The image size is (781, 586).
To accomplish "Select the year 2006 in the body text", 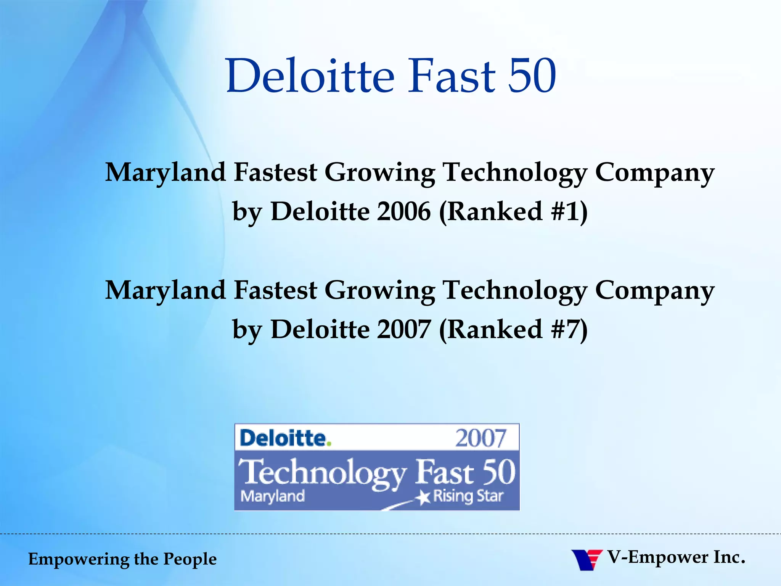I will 404,211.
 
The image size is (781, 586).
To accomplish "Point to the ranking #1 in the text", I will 566,211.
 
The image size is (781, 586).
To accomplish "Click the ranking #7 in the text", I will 566,329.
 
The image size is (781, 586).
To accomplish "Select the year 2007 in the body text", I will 404,329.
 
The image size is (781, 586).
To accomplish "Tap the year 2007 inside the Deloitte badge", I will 481,438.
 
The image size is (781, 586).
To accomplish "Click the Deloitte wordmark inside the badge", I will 283,438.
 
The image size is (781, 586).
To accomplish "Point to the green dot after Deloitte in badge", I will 329,443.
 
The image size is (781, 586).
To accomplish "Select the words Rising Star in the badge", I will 468,496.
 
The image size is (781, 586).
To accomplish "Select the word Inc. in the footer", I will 729,557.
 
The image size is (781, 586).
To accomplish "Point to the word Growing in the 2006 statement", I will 380,172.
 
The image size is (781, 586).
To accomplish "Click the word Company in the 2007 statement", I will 654,291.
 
